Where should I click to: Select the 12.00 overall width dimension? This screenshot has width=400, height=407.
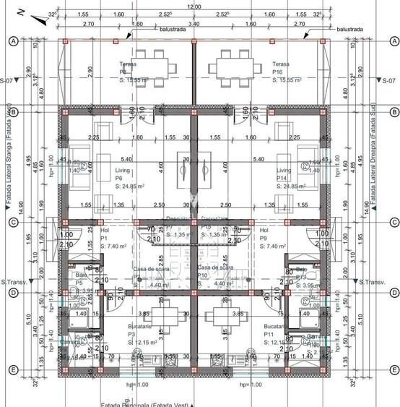(194, 6)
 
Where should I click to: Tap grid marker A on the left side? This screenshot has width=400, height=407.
(12, 41)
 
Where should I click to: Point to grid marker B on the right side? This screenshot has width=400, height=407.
(394, 112)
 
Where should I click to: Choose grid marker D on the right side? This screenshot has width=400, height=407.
(394, 292)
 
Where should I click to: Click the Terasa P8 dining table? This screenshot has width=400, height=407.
(153, 66)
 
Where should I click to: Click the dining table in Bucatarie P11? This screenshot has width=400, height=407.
(221, 317)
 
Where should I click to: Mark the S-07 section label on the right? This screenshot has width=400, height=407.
(390, 80)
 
